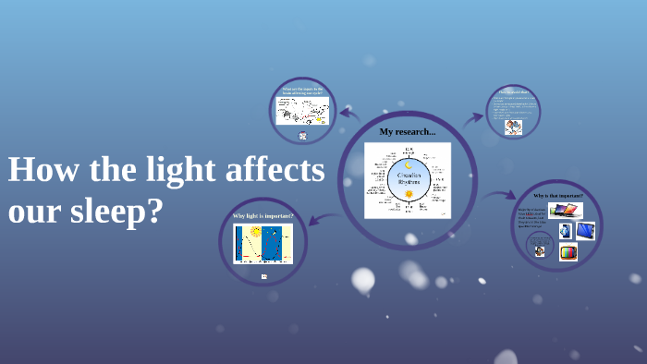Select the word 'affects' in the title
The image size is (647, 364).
(x=275, y=171)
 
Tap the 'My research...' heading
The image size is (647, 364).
(x=407, y=132)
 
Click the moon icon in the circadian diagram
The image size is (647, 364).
(x=408, y=165)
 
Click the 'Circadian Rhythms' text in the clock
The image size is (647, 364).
(x=408, y=178)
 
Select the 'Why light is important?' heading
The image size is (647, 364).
(x=262, y=215)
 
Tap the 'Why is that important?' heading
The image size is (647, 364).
(x=558, y=196)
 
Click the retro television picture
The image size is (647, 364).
(x=568, y=251)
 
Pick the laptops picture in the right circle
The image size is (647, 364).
(x=566, y=211)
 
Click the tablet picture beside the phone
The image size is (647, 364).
(x=584, y=231)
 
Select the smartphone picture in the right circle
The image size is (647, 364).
(x=565, y=231)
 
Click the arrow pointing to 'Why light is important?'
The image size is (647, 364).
(x=317, y=219)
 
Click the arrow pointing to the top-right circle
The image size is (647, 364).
(x=472, y=117)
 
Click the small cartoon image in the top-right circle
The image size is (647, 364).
(x=513, y=127)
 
